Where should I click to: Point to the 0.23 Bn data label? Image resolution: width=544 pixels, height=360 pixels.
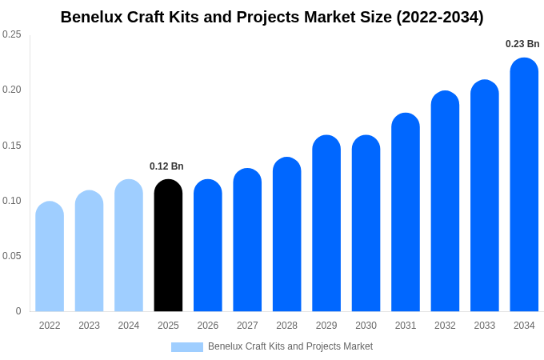tap(522, 44)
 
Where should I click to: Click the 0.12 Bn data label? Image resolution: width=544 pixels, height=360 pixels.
tap(166, 166)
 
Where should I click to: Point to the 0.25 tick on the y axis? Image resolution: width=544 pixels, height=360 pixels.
tap(12, 34)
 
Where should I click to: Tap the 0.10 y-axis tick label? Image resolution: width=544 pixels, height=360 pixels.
tap(12, 201)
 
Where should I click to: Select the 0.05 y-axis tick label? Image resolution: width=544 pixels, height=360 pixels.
tap(12, 256)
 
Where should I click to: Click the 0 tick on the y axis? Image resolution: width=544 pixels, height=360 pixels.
tap(18, 311)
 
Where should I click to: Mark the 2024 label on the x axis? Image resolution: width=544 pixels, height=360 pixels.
tap(129, 326)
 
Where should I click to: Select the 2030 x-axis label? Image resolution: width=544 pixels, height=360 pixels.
tap(366, 326)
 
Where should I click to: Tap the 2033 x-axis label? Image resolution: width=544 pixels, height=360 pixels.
tap(485, 326)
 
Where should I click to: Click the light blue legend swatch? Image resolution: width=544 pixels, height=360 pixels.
tap(186, 347)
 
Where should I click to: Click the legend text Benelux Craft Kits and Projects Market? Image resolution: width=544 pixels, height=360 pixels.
tap(290, 346)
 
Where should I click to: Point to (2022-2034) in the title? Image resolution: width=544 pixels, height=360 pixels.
tap(440, 17)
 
